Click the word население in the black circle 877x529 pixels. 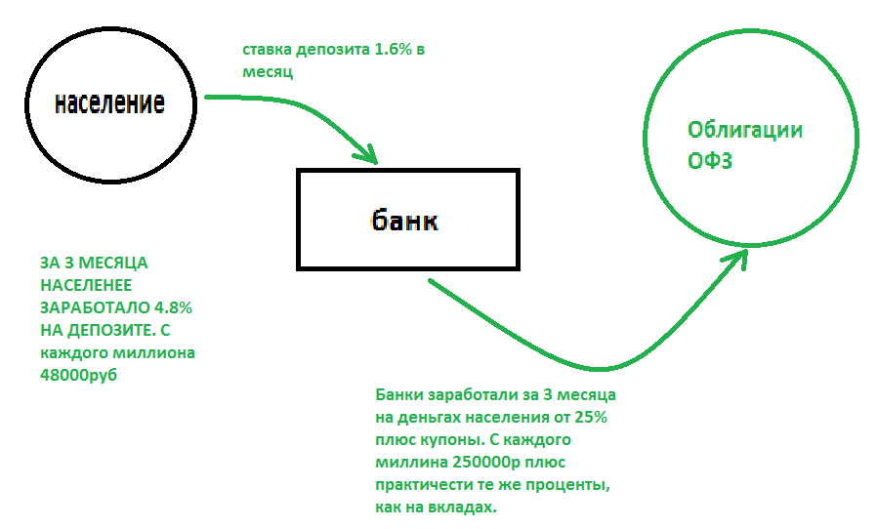point(108,102)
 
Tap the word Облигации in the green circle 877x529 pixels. point(744,131)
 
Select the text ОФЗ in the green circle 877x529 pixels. point(710,160)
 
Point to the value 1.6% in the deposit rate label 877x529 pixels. point(394,50)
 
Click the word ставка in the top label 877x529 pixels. point(267,50)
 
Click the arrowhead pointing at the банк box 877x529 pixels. point(368,153)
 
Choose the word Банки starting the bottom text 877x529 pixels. point(398,395)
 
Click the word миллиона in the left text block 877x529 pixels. point(151,352)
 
